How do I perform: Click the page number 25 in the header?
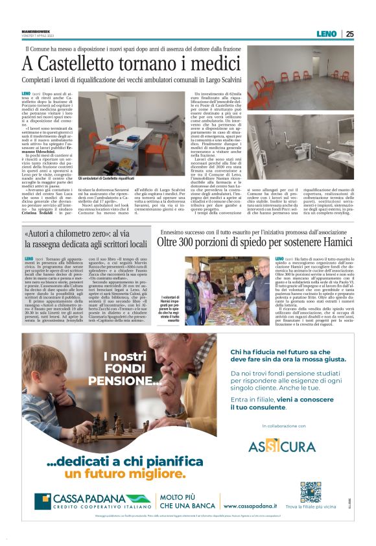[349, 34]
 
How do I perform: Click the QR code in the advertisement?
[292, 492]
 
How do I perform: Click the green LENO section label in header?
[326, 34]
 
